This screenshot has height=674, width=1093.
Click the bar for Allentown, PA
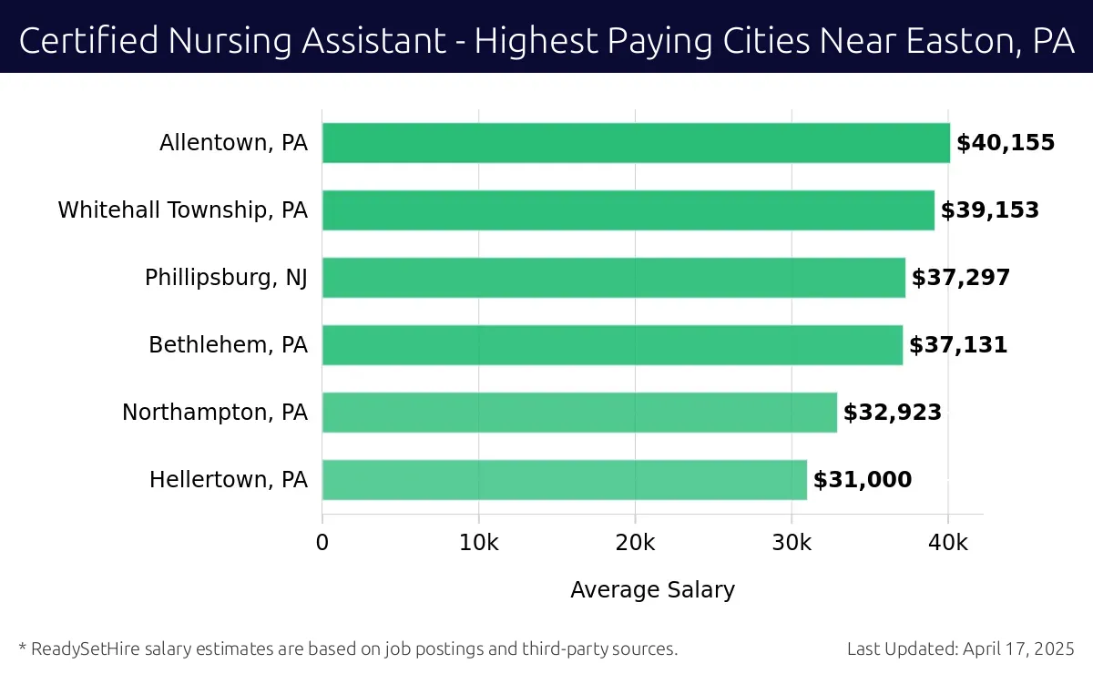point(636,143)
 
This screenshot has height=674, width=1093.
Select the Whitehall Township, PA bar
point(628,210)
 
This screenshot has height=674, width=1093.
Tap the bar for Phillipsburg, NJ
point(614,278)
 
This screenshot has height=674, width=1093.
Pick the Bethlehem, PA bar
point(612,345)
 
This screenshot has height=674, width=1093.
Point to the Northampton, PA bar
point(579,413)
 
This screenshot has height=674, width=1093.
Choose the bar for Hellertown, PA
point(565,480)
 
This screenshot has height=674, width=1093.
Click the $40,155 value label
point(1006,143)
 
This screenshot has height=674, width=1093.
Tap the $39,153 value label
point(990,210)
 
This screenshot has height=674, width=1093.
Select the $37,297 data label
point(961,278)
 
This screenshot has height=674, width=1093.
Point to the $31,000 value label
point(863,480)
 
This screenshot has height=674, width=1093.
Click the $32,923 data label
point(893,413)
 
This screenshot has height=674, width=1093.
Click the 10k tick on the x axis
point(479,543)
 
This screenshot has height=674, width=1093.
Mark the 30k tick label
point(792,543)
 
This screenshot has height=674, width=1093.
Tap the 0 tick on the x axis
point(322,543)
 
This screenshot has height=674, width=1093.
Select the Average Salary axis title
point(652,590)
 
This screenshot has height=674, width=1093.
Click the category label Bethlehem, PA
point(229,345)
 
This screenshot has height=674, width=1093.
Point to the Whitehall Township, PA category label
point(183,210)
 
